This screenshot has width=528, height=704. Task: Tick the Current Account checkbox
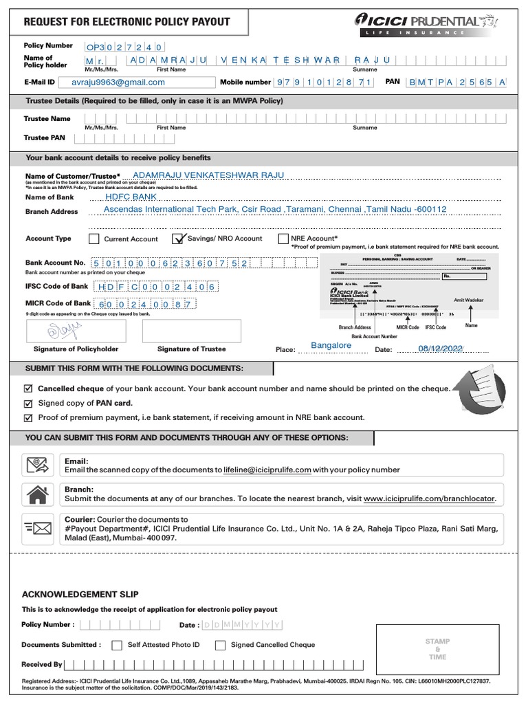coord(94,239)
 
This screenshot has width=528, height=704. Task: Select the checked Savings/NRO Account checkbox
coord(179,239)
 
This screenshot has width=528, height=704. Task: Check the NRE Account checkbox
coord(283,239)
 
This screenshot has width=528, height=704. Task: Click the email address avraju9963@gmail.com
coord(119,82)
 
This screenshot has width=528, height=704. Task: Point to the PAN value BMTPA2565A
coord(456,82)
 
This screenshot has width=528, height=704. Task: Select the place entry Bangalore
coord(331,345)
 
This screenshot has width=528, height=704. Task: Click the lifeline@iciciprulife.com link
coord(267,470)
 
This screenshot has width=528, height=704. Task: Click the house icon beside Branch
coord(38,494)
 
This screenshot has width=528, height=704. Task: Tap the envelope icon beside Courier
coord(38,527)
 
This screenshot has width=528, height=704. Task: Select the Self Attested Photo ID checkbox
coord(117,646)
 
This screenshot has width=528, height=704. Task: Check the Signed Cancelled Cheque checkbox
coord(220,646)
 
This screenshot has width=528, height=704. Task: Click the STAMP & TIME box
coord(437,649)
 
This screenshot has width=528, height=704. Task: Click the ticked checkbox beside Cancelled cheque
coord(28,388)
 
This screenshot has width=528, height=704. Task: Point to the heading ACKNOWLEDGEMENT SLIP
coord(80,594)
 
